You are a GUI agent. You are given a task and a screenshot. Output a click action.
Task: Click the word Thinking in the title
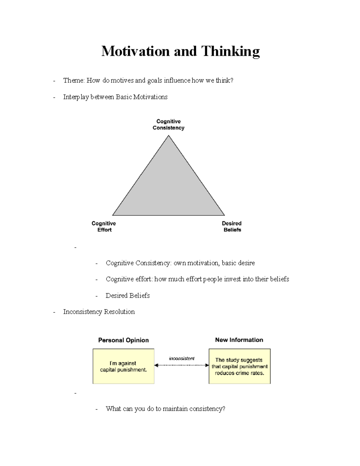coord(230,51)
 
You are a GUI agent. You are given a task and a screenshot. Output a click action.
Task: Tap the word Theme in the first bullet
coord(74,80)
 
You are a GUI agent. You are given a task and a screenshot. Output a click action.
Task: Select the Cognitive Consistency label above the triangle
coord(168,125)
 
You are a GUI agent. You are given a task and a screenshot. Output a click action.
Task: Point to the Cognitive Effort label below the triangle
coord(104,227)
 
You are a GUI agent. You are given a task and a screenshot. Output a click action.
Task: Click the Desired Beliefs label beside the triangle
coord(232,227)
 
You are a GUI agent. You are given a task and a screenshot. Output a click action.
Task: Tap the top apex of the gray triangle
coord(169,136)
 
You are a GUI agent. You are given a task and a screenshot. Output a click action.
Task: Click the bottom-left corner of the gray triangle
coord(113,215)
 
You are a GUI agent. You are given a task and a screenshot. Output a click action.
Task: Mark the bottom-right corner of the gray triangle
coord(224,215)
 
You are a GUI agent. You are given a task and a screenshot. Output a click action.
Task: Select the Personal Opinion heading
coord(123,340)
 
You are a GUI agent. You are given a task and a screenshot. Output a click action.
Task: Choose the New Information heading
coord(239,340)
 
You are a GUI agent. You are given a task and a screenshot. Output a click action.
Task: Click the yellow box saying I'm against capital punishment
coord(123,366)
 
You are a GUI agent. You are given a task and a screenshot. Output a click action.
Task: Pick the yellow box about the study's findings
coord(239,366)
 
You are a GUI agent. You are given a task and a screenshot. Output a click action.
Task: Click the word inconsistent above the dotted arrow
coord(181,358)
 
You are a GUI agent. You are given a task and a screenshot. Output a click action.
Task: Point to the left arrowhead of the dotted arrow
coord(156,365)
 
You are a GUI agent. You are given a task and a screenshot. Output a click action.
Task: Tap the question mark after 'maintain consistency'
coord(223,409)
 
